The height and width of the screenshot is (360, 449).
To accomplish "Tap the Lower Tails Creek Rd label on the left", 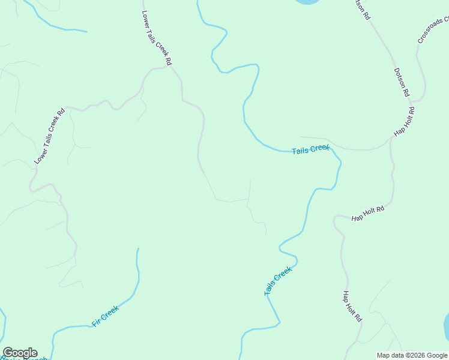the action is pyautogui.click(x=49, y=136).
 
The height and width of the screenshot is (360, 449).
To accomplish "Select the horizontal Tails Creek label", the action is pyautogui.click(x=310, y=149).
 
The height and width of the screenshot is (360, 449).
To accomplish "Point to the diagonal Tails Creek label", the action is pyautogui.click(x=278, y=281).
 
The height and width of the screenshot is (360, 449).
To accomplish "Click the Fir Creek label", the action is pyautogui.click(x=105, y=316).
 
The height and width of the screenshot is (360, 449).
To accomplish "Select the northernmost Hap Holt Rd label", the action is pyautogui.click(x=404, y=122).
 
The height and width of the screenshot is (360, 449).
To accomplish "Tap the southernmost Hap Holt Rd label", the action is pyautogui.click(x=352, y=305).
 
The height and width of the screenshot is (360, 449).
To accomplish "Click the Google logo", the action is pyautogui.click(x=20, y=353).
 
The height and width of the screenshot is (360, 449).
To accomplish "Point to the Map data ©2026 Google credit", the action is pyautogui.click(x=412, y=355).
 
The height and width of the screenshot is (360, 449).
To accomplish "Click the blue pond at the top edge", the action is pyautogui.click(x=306, y=2).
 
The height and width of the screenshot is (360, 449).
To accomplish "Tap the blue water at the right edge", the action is pyautogui.click(x=446, y=327).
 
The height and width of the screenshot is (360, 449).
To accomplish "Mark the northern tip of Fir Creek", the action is pyautogui.click(x=138, y=248).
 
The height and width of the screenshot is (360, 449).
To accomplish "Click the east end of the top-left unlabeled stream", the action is pyautogui.click(x=86, y=31).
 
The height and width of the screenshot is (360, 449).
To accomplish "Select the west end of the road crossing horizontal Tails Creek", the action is pyautogui.click(x=301, y=137).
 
